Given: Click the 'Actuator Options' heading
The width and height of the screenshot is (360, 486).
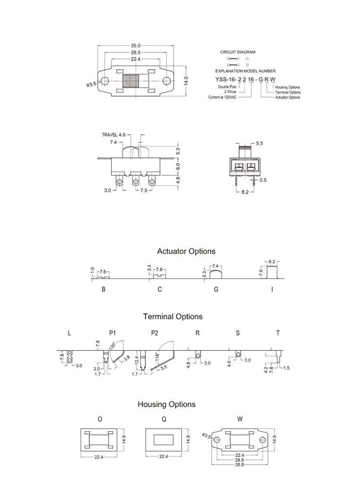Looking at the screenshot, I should coord(186,251).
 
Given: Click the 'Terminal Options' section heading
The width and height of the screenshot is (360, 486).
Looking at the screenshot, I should coord(173,317).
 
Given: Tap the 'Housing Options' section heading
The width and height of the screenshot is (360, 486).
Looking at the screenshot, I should coord(166,405).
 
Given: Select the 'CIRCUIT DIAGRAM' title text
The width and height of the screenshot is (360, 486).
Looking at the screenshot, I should coord(238,52).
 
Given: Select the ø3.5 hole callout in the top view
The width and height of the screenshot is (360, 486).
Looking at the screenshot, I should coord(91,84).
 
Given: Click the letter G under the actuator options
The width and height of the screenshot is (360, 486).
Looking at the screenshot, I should coord(216,289).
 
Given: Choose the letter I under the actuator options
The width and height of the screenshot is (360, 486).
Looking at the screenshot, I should coord(272,289).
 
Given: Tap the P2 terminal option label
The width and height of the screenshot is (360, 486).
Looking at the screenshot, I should coord(155,333).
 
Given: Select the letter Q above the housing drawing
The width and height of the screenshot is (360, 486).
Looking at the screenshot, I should coord(163,419).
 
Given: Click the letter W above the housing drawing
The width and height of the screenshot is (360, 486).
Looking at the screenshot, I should coord(240,419).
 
